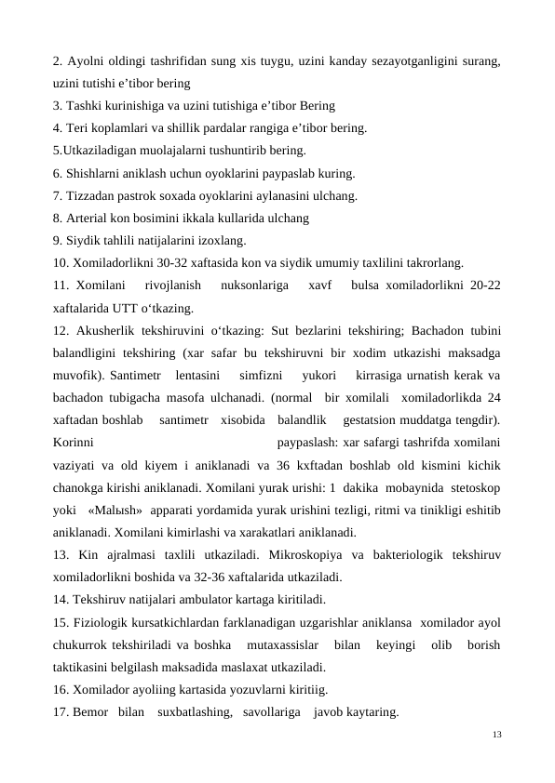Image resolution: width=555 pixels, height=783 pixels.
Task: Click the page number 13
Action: pos(496,735)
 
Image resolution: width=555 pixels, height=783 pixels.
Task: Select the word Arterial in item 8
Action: pos(88,219)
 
